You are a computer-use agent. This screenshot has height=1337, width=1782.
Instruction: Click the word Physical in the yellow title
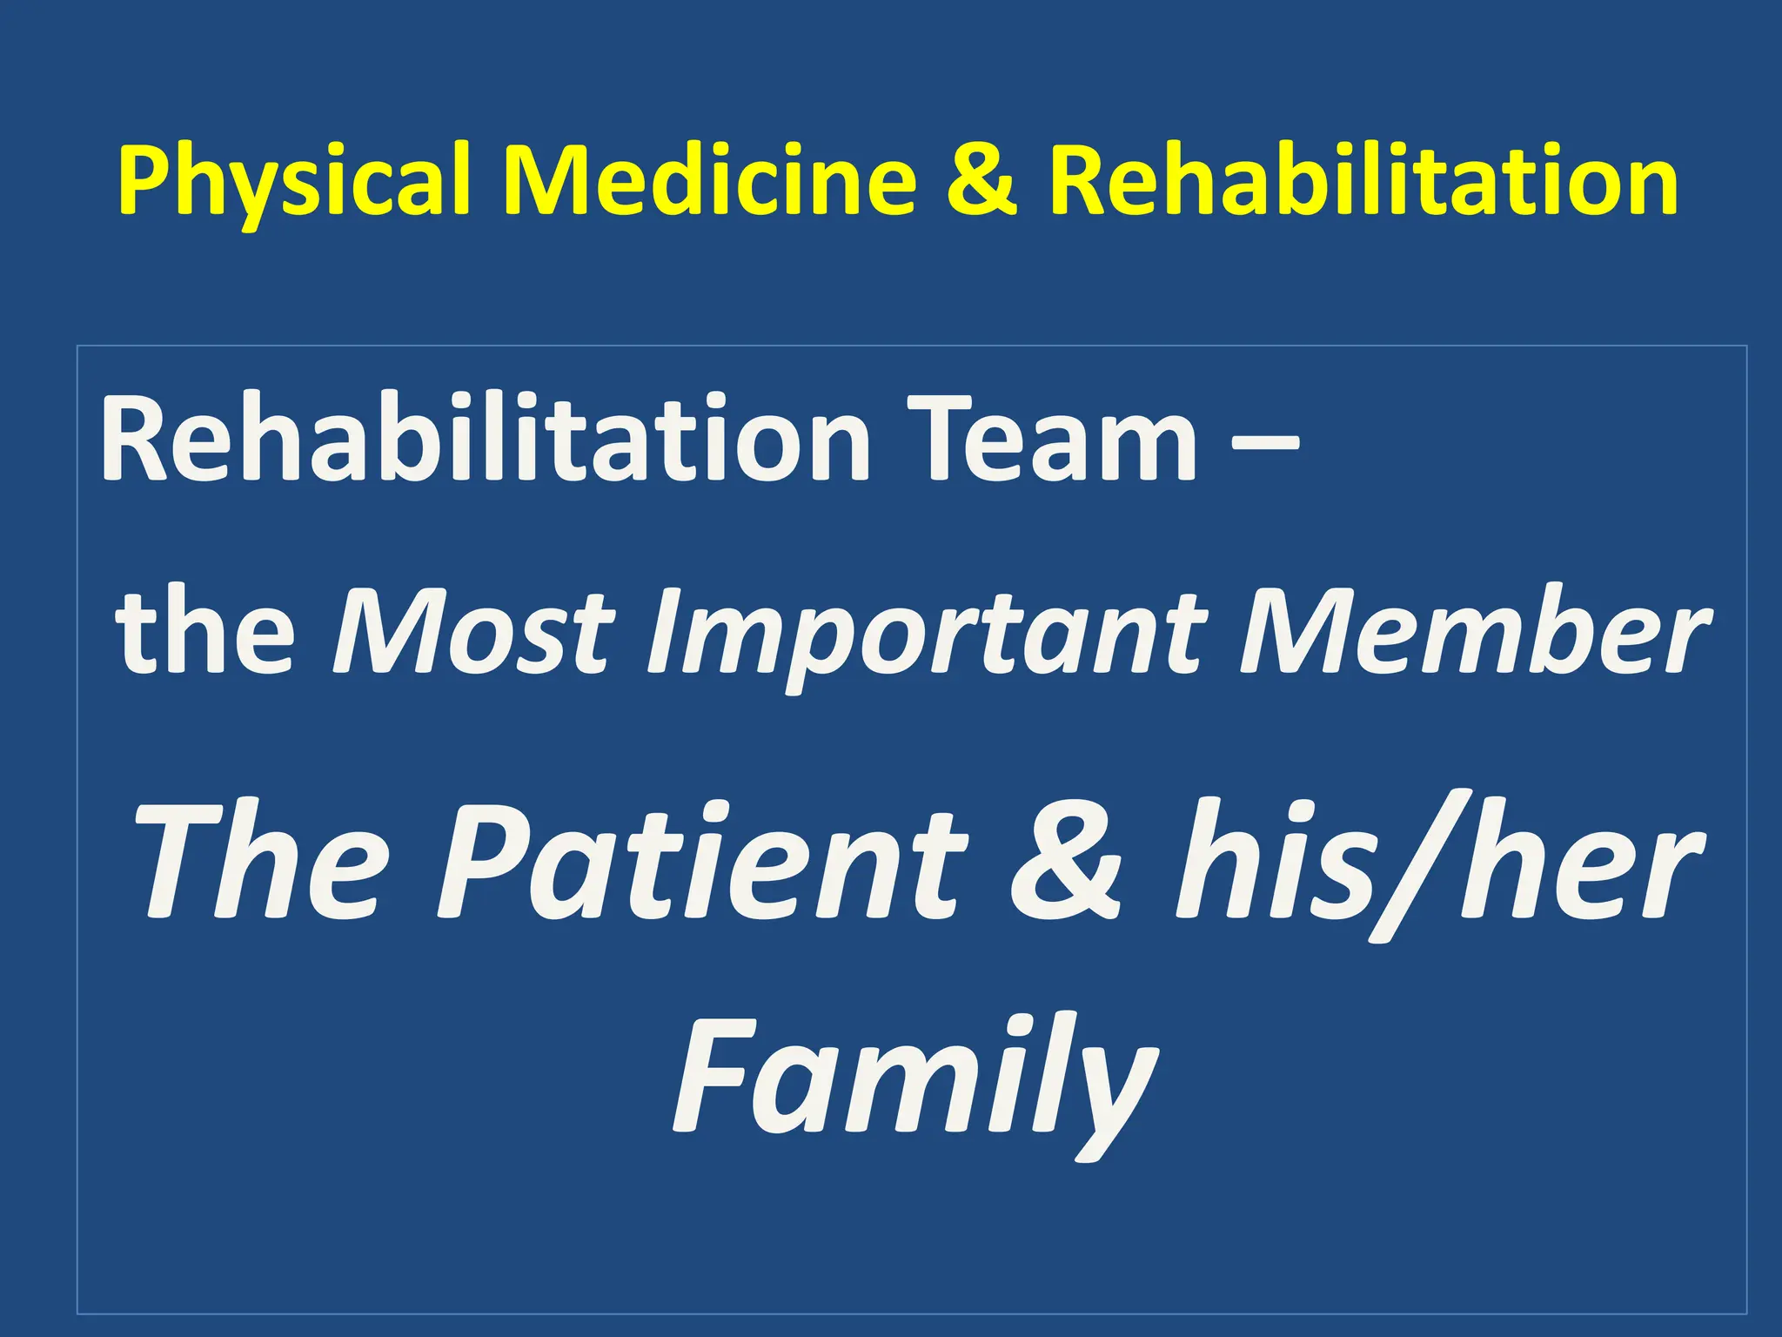(x=294, y=181)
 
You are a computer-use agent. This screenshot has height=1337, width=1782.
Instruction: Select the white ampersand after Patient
(x=1067, y=862)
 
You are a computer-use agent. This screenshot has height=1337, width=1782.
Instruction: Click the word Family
(x=914, y=1079)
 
